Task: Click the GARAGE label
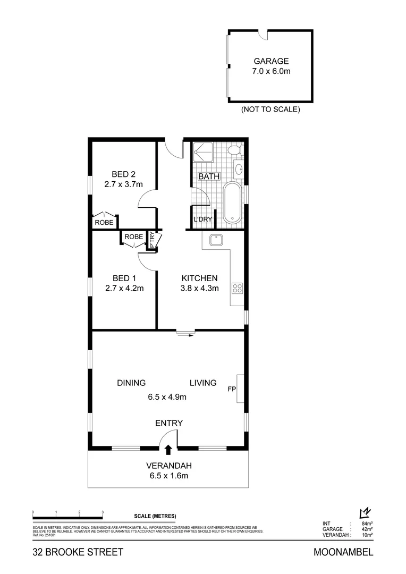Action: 271,61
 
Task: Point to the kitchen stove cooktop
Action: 237,289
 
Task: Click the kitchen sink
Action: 216,241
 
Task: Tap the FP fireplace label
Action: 232,389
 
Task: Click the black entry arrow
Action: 168,450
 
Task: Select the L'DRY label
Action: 202,220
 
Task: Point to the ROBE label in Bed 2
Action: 104,223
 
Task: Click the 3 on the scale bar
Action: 102,512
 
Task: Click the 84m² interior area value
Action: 366,524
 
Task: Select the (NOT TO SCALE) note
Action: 271,109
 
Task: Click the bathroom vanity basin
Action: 239,170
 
